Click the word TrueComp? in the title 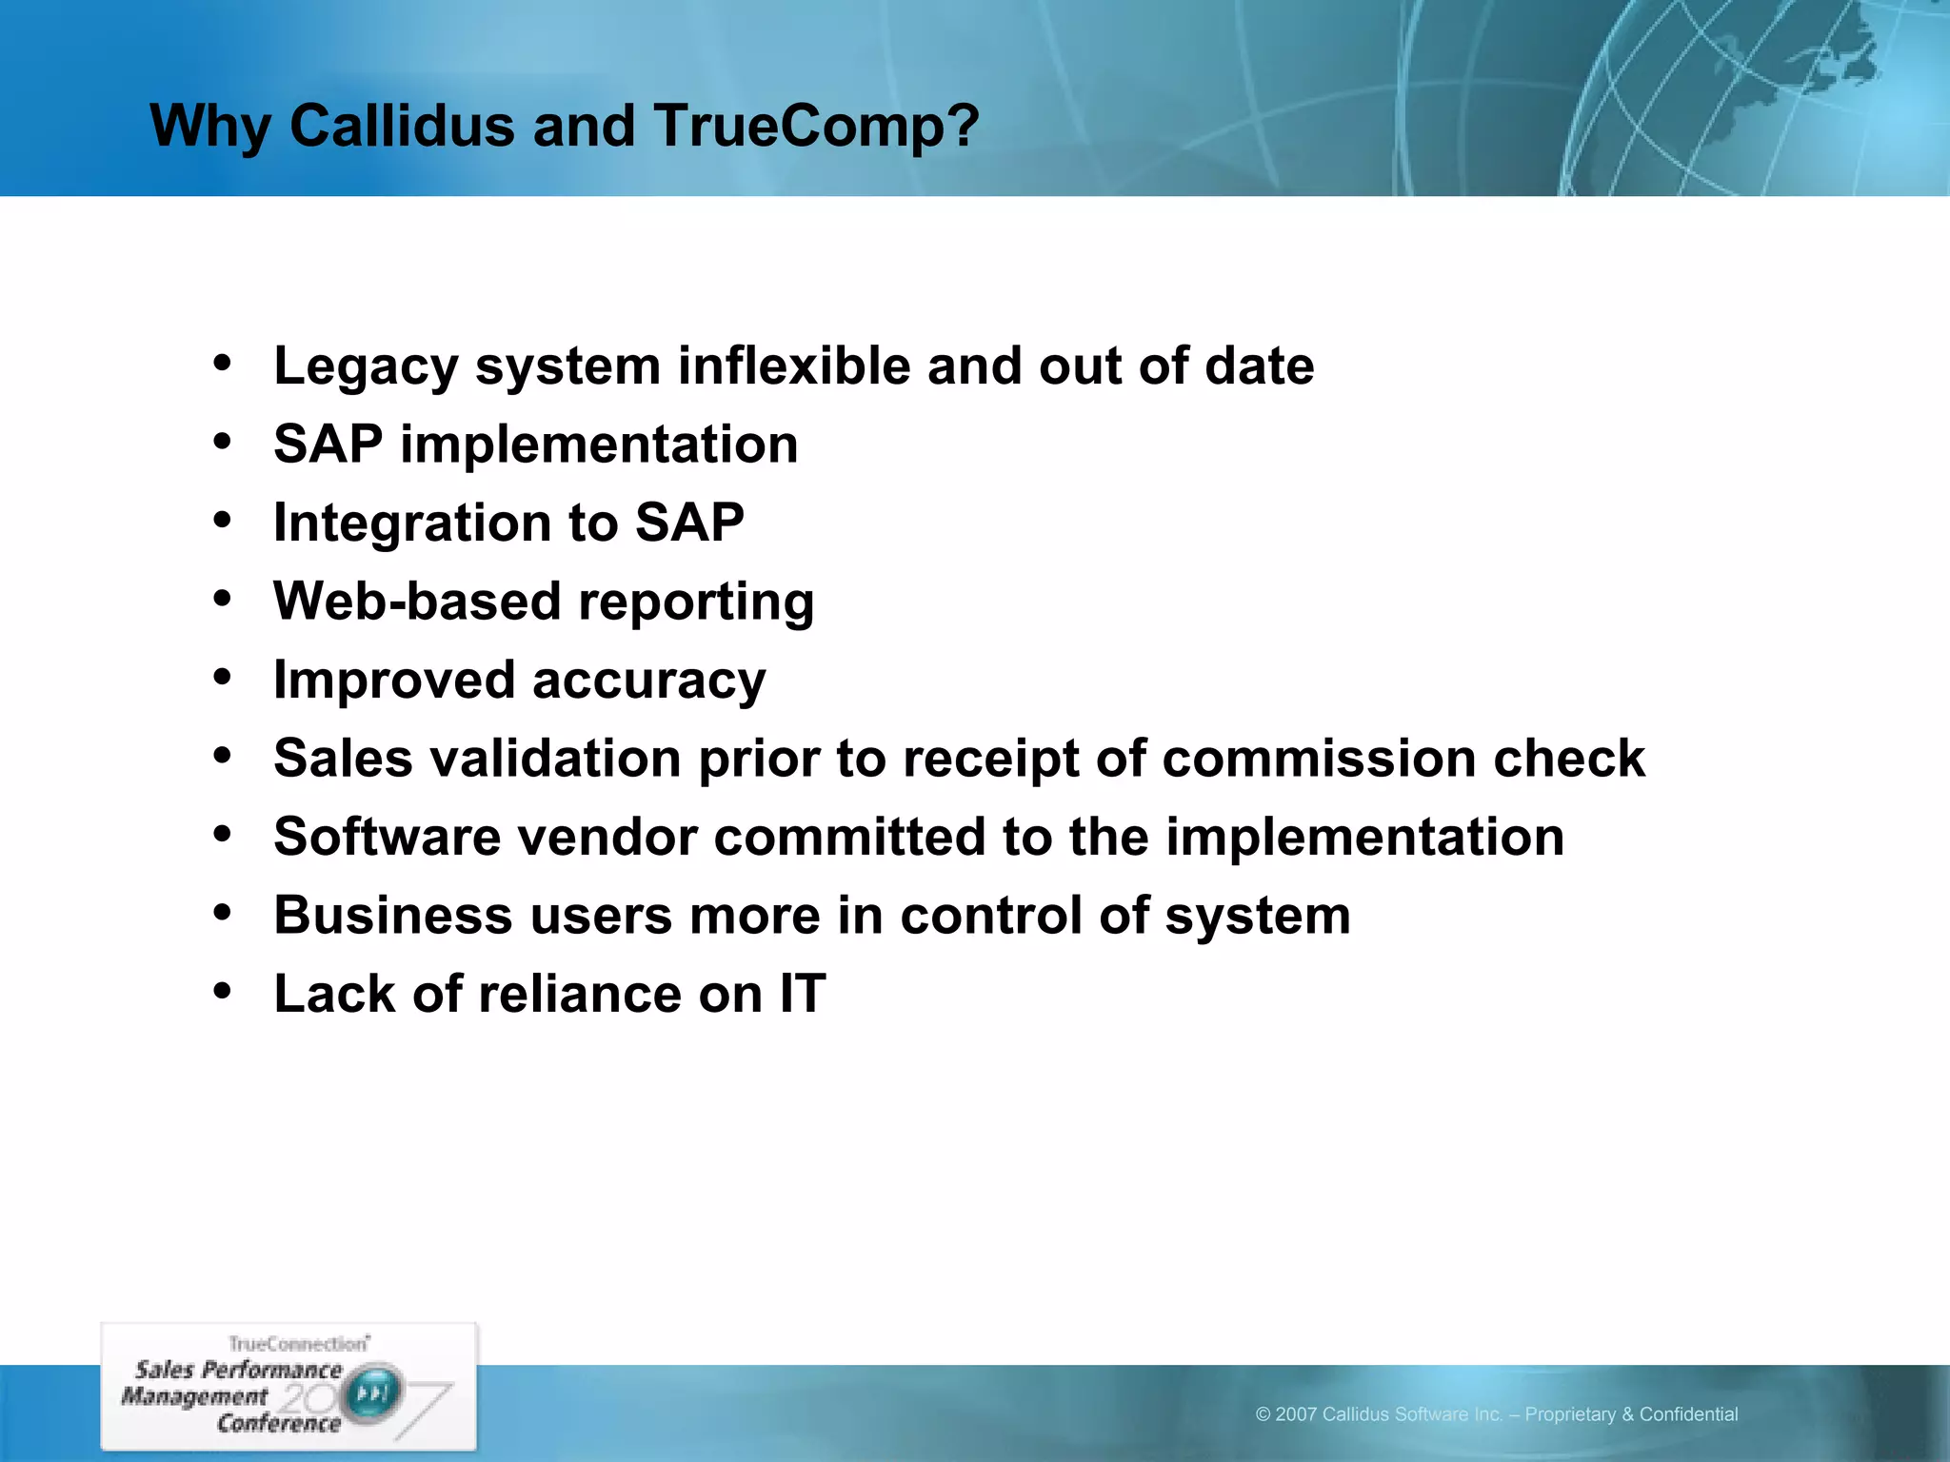(816, 127)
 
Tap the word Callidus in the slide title (401, 125)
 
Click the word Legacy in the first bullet (366, 367)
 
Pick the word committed (849, 838)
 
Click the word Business (393, 916)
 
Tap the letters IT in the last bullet (803, 995)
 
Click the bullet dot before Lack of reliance (223, 991)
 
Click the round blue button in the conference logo (372, 1394)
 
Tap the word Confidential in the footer (1688, 1414)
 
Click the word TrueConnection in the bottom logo (297, 1344)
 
